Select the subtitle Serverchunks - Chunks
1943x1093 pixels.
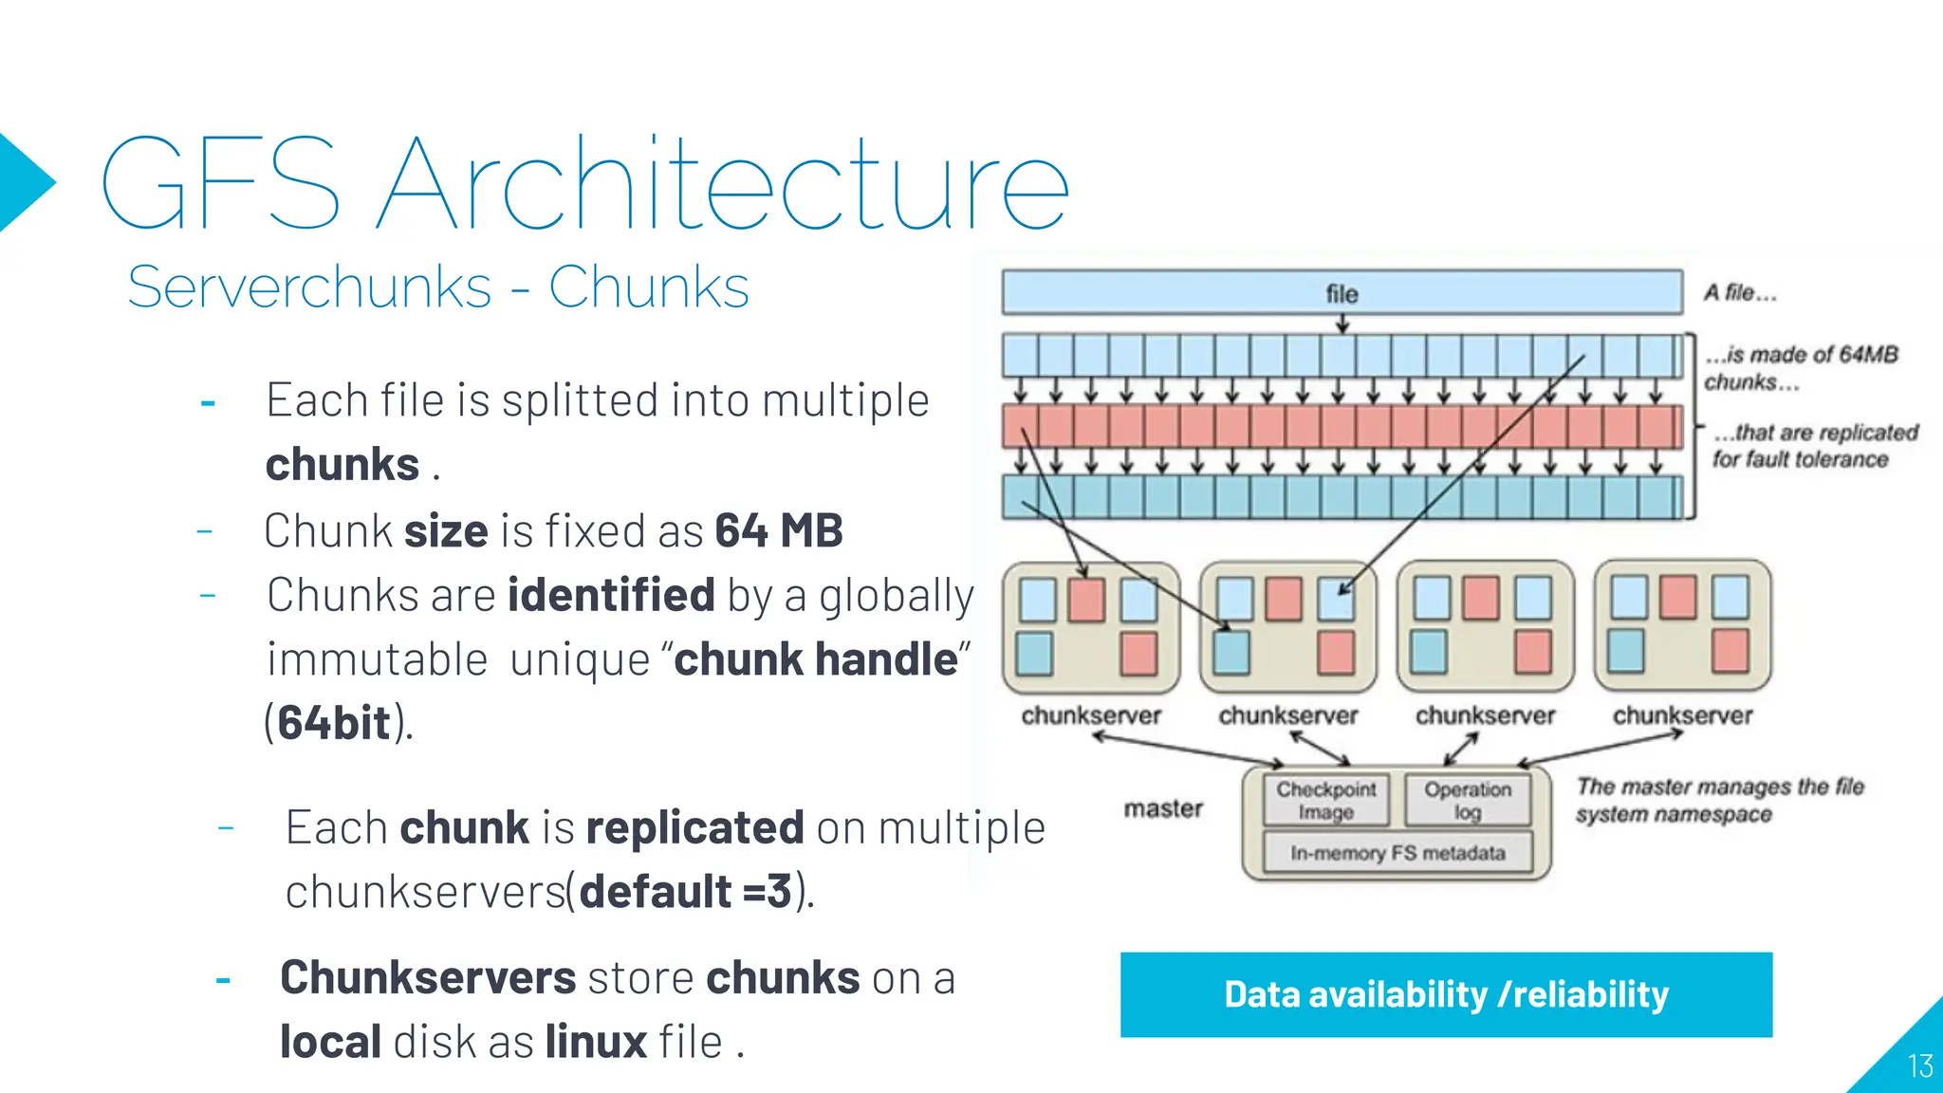point(437,287)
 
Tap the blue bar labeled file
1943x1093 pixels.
point(1342,293)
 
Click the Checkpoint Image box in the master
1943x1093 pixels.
point(1325,801)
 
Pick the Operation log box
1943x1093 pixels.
point(1467,801)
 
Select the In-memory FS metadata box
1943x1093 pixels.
point(1397,853)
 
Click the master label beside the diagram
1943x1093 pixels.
point(1163,808)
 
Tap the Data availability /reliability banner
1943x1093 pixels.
point(1446,994)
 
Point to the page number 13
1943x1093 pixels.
point(1920,1066)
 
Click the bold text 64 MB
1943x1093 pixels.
point(778,530)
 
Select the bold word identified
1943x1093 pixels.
point(611,595)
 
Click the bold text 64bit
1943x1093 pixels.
point(334,723)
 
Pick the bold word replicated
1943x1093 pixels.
point(694,827)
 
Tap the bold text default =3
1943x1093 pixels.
point(685,892)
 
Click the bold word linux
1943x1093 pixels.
point(596,1042)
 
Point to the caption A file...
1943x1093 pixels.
point(1739,293)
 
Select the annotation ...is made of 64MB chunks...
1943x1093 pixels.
point(1800,368)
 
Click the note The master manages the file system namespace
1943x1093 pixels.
point(1719,800)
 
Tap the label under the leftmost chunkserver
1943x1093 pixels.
point(1091,715)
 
